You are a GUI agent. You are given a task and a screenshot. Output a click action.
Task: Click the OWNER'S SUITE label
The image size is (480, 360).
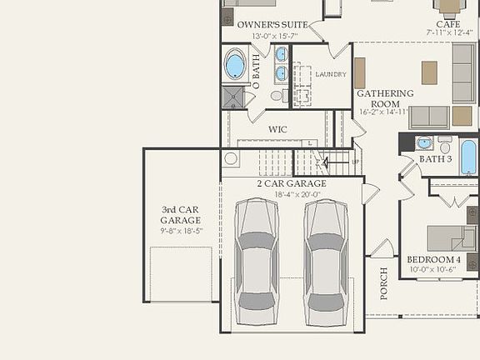272,25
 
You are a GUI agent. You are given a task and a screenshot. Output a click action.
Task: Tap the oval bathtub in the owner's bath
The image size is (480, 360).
235,65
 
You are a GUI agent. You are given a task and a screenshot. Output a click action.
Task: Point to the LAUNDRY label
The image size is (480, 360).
331,74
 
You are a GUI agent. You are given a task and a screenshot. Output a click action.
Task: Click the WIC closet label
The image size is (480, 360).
277,130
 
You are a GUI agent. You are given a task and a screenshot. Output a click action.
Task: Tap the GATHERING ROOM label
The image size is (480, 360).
385,98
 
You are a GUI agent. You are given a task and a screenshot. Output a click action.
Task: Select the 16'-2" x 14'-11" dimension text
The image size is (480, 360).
384,111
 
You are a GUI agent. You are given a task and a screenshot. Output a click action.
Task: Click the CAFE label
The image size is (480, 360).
447,24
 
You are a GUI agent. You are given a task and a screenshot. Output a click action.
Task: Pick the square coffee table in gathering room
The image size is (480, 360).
429,72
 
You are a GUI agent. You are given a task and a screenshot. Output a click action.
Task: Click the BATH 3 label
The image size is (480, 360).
435,158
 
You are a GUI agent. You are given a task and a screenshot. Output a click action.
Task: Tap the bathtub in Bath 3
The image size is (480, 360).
468,156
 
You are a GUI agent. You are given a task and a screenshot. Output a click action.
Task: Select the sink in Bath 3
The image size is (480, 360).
425,142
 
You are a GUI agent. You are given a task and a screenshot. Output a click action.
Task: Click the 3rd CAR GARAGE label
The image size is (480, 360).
181,215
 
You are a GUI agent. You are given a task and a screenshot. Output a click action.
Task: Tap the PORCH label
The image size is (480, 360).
384,283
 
